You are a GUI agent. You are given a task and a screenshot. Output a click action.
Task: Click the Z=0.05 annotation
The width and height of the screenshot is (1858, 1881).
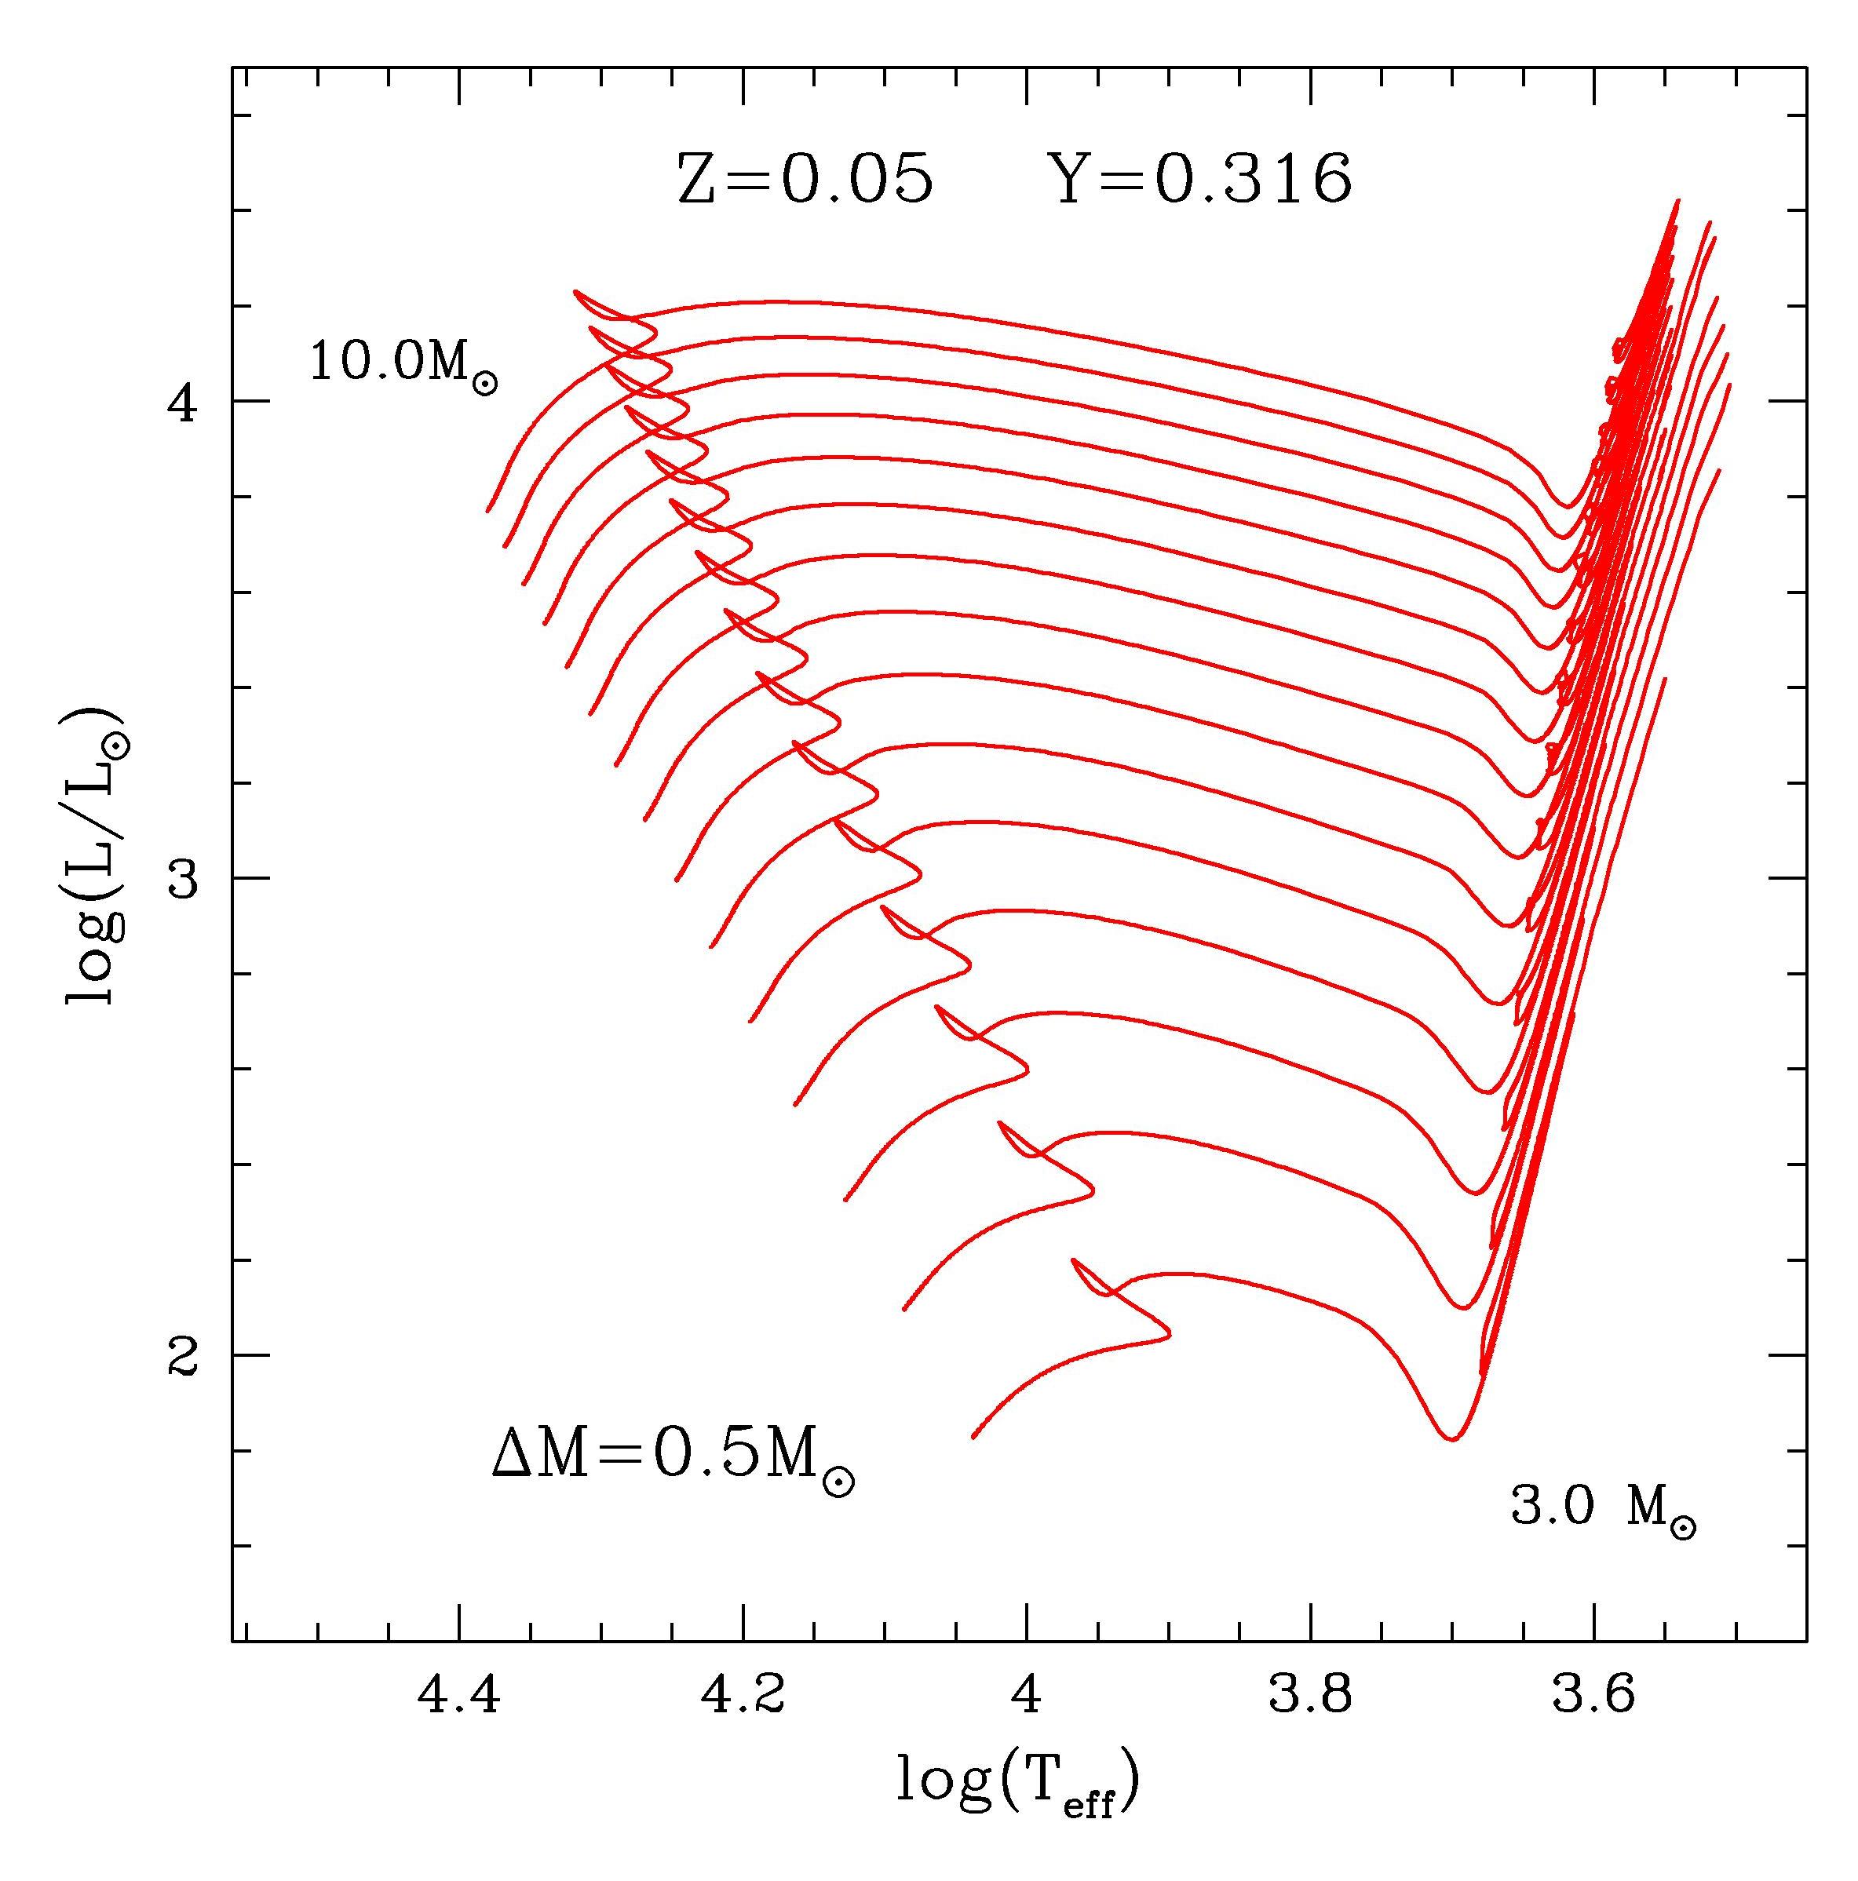pyautogui.click(x=805, y=180)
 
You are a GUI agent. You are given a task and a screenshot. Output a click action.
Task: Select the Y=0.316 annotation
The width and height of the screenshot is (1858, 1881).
pyautogui.click(x=1205, y=180)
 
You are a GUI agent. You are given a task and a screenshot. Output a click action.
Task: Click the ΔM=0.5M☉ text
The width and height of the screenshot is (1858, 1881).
pyautogui.click(x=673, y=1471)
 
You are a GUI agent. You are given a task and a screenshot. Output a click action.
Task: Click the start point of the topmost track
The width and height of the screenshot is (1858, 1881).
pyautogui.click(x=488, y=510)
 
